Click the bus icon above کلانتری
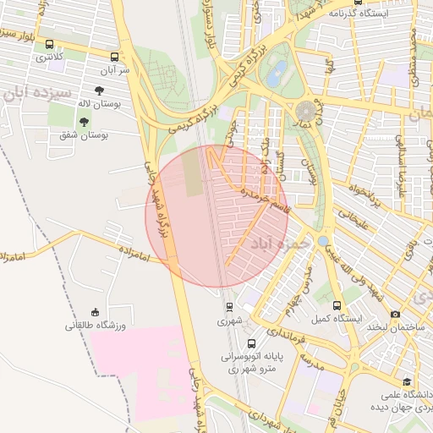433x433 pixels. point(49,45)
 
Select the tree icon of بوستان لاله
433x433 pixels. point(100,90)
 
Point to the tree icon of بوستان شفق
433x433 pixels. point(83,122)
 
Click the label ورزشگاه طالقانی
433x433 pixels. point(96,325)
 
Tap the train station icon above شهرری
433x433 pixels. point(229,308)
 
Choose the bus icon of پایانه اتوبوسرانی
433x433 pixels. point(251,343)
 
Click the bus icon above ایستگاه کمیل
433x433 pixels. point(337,305)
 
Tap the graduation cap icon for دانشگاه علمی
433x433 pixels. point(407,381)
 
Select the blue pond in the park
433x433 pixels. point(276,74)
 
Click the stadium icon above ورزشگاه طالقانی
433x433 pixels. point(96,311)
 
